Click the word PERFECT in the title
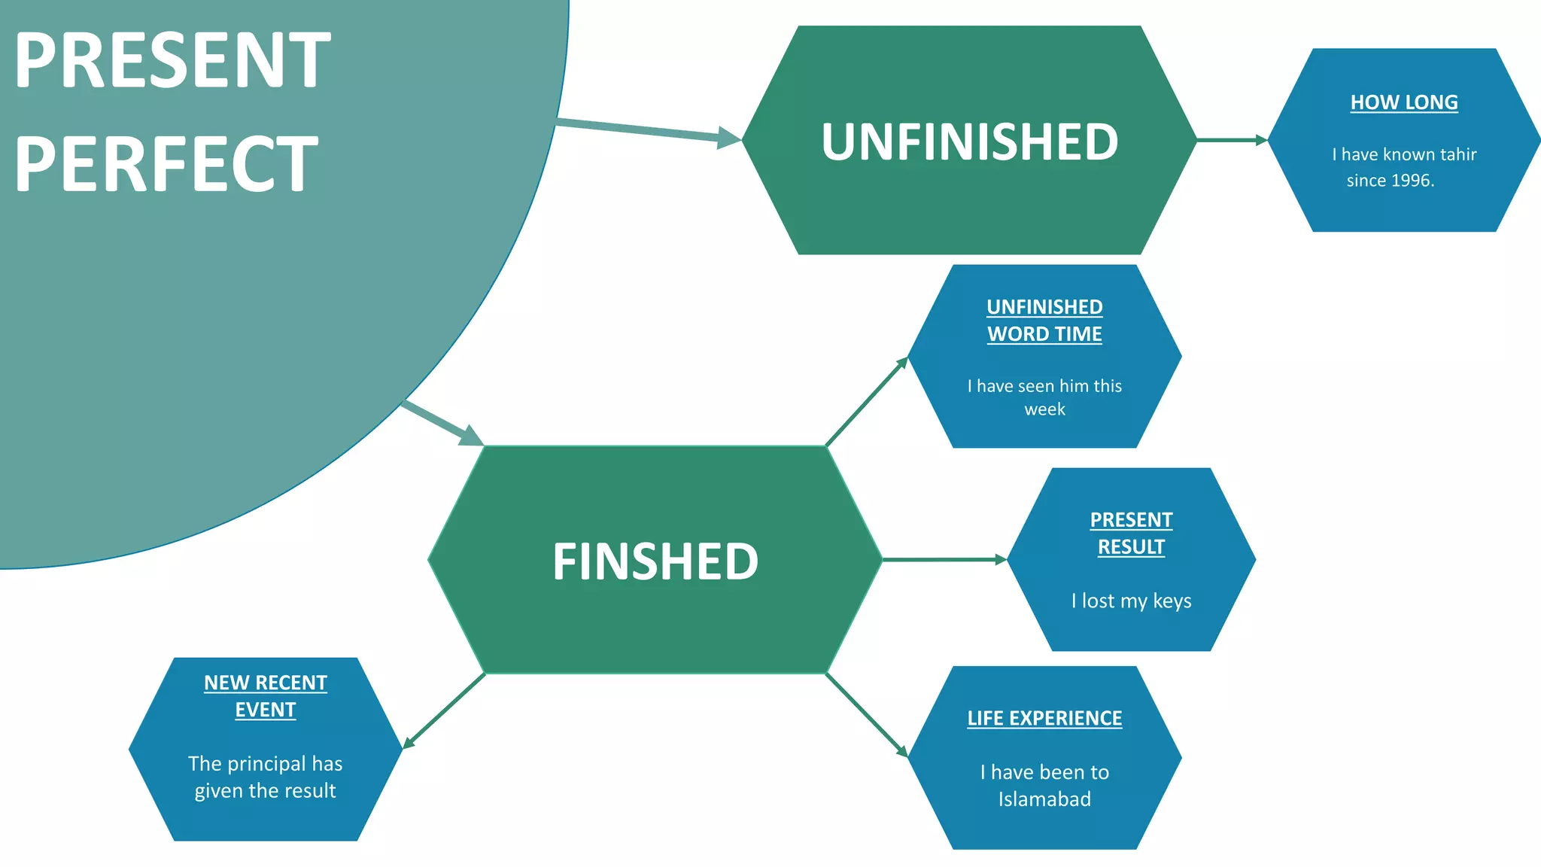pyautogui.click(x=166, y=164)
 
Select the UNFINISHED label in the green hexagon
pyautogui.click(x=969, y=141)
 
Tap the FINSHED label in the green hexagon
pyautogui.click(x=655, y=561)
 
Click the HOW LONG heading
pyautogui.click(x=1403, y=102)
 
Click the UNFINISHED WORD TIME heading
pyautogui.click(x=1044, y=321)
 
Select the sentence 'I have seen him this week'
pyautogui.click(x=1044, y=397)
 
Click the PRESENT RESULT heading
pyautogui.click(x=1131, y=533)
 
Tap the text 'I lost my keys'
pyautogui.click(x=1131, y=601)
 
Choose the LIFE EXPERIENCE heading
pyautogui.click(x=1044, y=718)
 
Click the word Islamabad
pyautogui.click(x=1044, y=799)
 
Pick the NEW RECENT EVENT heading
pyautogui.click(x=265, y=696)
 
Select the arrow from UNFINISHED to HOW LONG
pyautogui.click(x=1231, y=140)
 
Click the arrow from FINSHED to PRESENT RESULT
pyautogui.click(x=944, y=560)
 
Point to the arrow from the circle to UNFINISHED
pyautogui.click(x=647, y=131)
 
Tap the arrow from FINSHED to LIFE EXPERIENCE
pyautogui.click(x=867, y=715)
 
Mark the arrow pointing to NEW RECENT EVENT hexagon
pyautogui.click(x=444, y=711)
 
